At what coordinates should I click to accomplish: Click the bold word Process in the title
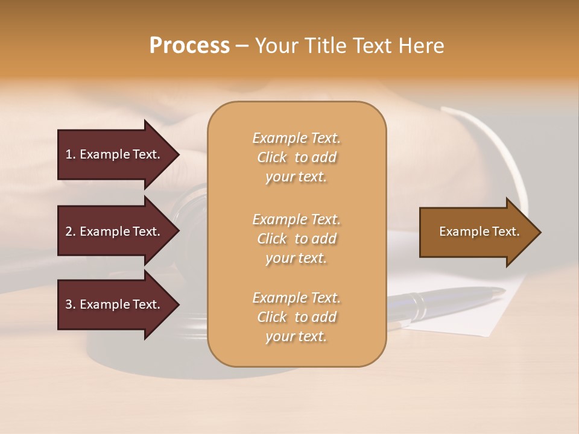click(189, 46)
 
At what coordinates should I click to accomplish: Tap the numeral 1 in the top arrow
click(68, 154)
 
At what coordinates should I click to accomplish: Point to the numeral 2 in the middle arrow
click(69, 231)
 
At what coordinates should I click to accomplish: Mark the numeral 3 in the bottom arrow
click(69, 304)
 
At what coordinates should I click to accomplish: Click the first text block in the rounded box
click(296, 157)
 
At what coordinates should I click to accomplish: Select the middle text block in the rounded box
click(296, 239)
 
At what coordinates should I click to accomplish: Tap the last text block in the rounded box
click(296, 317)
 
